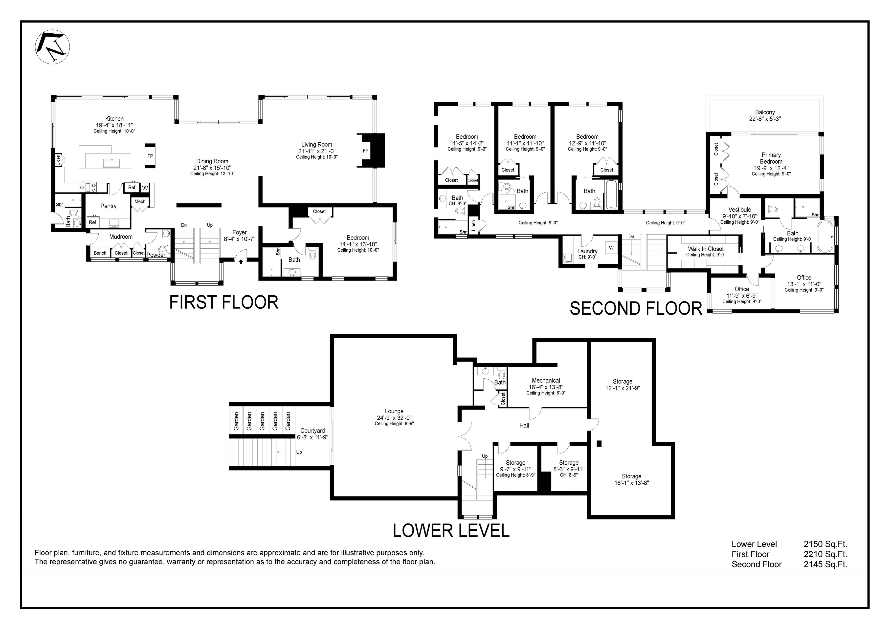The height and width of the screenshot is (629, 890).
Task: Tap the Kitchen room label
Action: (x=114, y=119)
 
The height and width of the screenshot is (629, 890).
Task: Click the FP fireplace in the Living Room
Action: (x=366, y=151)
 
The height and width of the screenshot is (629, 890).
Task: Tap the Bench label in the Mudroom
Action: (x=100, y=253)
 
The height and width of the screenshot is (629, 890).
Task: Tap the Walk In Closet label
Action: (x=706, y=249)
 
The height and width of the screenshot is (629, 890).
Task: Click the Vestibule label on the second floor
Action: (x=740, y=210)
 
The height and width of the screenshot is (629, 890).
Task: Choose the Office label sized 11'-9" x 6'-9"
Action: (x=741, y=289)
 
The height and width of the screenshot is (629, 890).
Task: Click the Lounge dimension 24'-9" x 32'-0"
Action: (x=394, y=418)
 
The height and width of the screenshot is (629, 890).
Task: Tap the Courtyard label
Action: (x=312, y=431)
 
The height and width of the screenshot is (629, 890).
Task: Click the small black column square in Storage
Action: (x=599, y=444)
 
